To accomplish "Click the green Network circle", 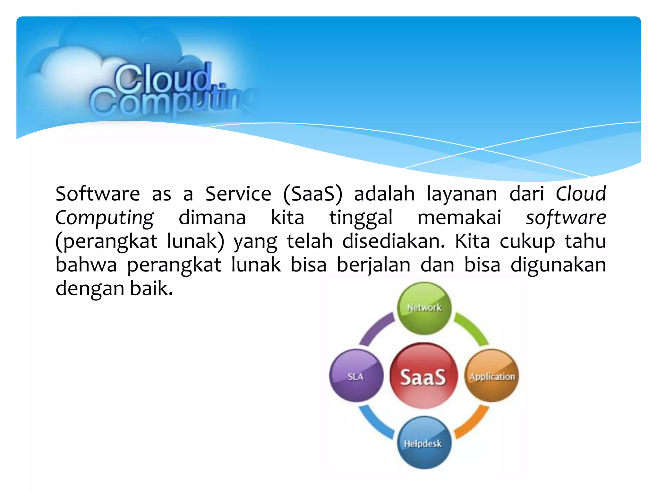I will click(x=424, y=308).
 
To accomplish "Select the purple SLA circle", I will click(x=356, y=376).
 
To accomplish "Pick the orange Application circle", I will click(x=492, y=376).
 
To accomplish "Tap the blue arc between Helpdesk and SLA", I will click(x=374, y=423).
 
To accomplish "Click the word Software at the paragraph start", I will click(x=98, y=194).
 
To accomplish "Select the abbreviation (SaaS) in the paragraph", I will click(x=313, y=194).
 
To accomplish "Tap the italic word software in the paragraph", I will click(x=566, y=218).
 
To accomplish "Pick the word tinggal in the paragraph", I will click(x=361, y=218).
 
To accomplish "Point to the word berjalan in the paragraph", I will click(x=373, y=265).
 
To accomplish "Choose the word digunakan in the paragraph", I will click(x=558, y=265).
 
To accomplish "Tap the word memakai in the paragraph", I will click(x=459, y=218).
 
